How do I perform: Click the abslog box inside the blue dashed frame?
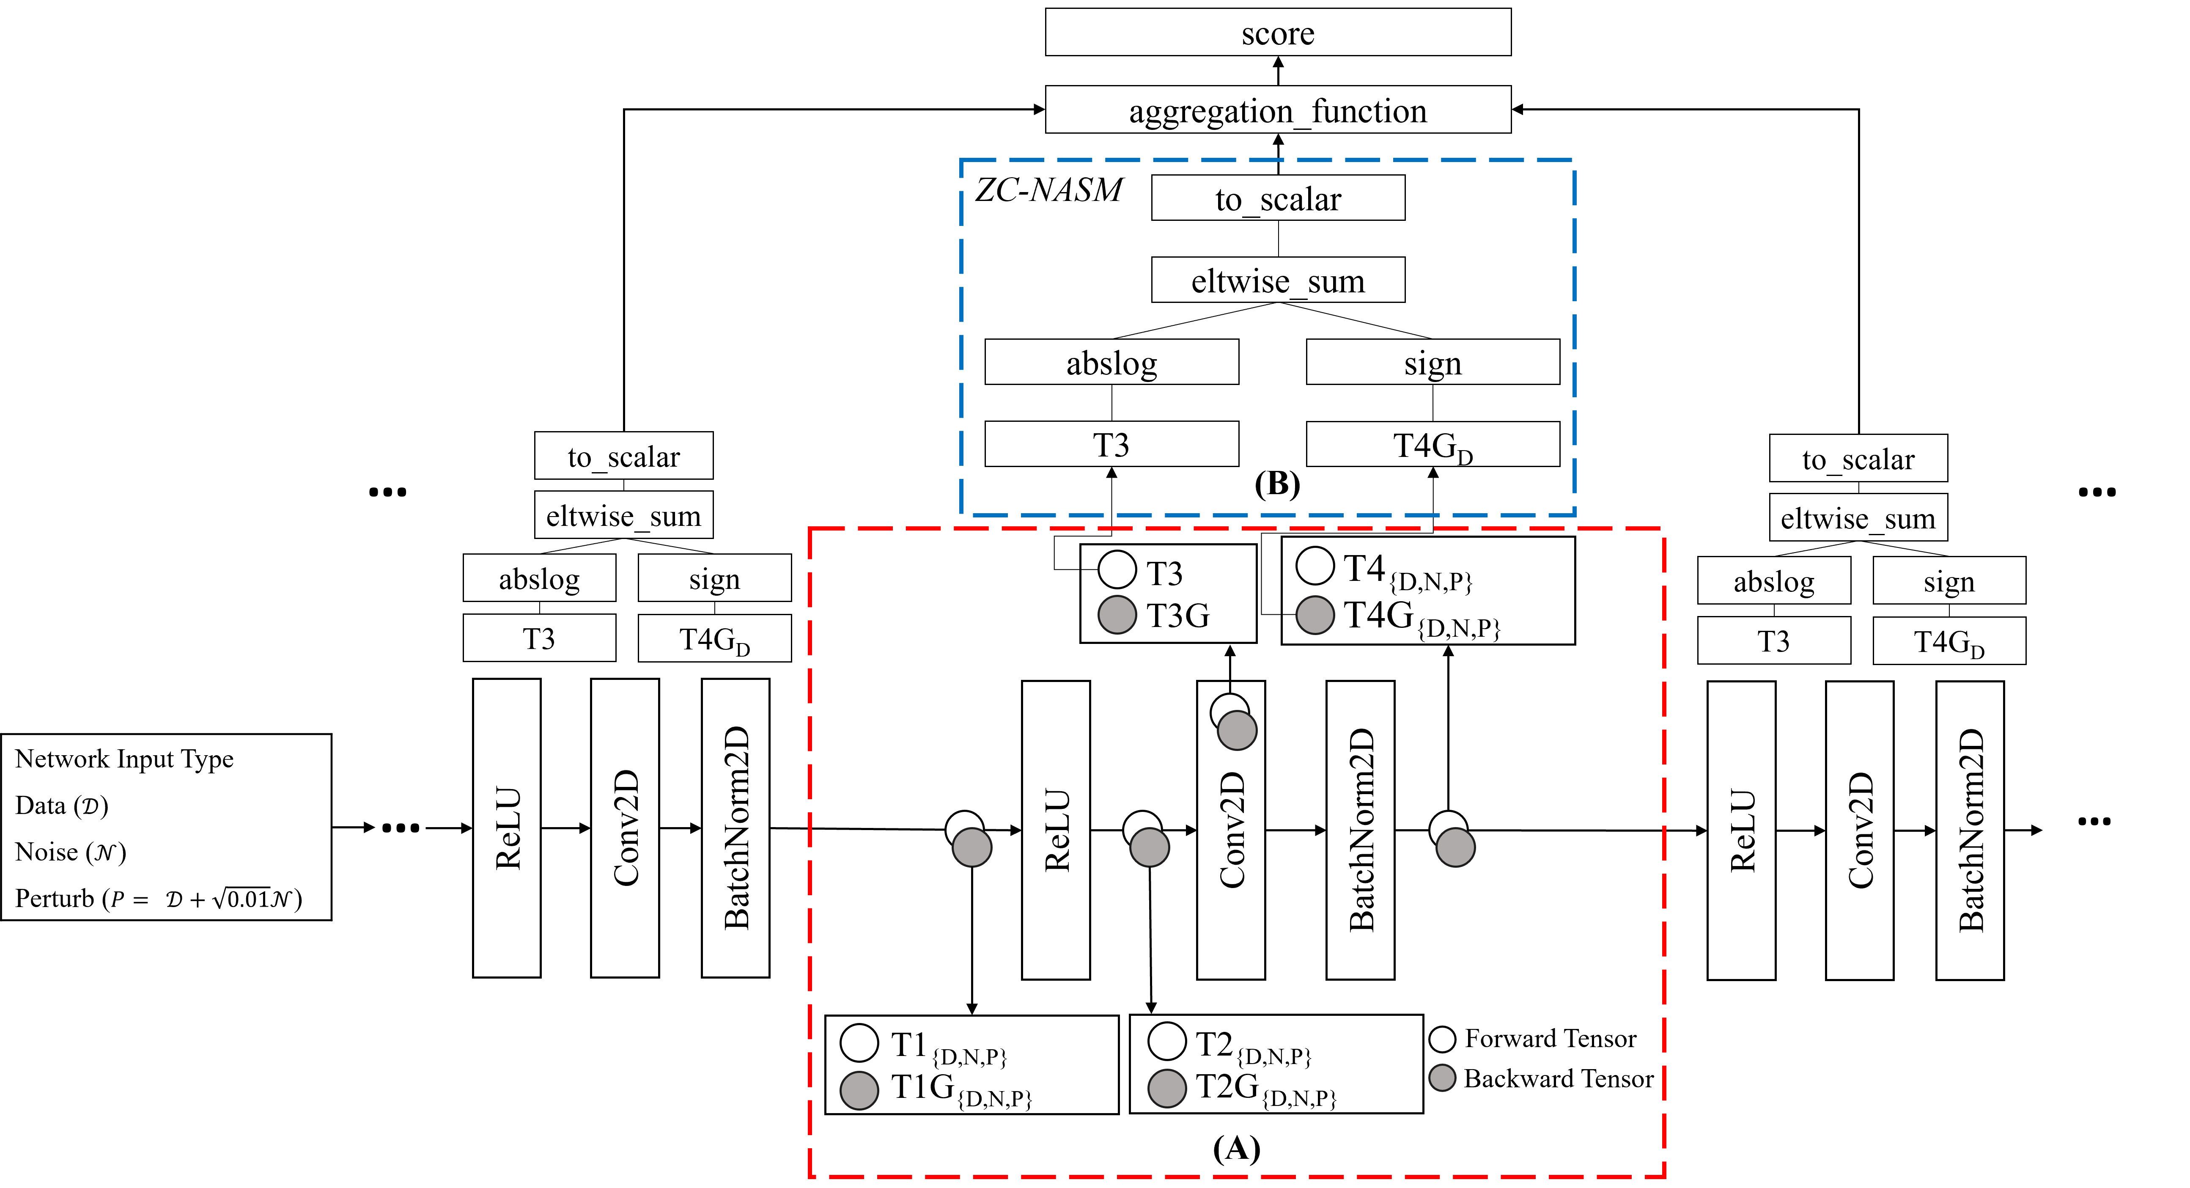pos(1111,362)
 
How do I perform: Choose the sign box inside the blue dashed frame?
pos(1433,362)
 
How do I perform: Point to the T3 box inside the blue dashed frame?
pos(1111,444)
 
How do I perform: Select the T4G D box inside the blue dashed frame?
pos(1433,444)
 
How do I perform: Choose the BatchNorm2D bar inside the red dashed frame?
pos(1360,830)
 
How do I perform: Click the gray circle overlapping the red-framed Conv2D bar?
pos(1237,731)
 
